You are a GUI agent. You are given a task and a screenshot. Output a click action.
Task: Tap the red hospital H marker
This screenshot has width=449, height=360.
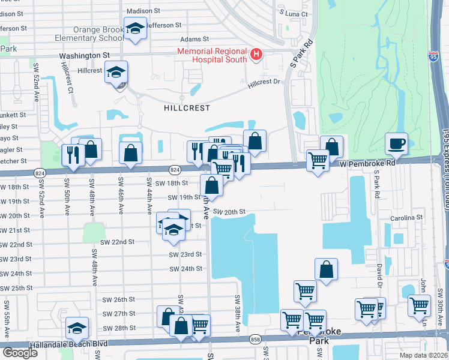[x=256, y=56]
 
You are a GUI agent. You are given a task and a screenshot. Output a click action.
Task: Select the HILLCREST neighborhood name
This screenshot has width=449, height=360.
[x=187, y=108]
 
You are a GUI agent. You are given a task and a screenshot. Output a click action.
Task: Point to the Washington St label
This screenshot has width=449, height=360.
[x=84, y=55]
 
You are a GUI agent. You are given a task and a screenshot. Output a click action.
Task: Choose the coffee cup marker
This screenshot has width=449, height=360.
[x=396, y=143]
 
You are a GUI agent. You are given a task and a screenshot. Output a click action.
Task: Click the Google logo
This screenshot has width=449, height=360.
[x=20, y=352]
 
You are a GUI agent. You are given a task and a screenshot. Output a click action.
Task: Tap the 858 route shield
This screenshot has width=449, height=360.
[x=256, y=338]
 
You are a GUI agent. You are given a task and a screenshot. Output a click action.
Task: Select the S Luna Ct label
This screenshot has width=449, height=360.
[x=294, y=13]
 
